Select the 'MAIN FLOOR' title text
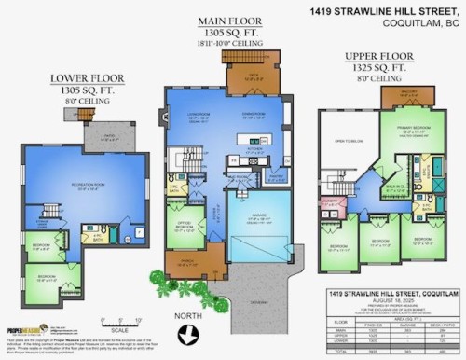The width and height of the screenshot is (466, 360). pyautogui.click(x=227, y=21)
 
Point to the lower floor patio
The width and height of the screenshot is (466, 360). pyautogui.click(x=109, y=137)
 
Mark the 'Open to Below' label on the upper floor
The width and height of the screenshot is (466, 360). pyautogui.click(x=340, y=142)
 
